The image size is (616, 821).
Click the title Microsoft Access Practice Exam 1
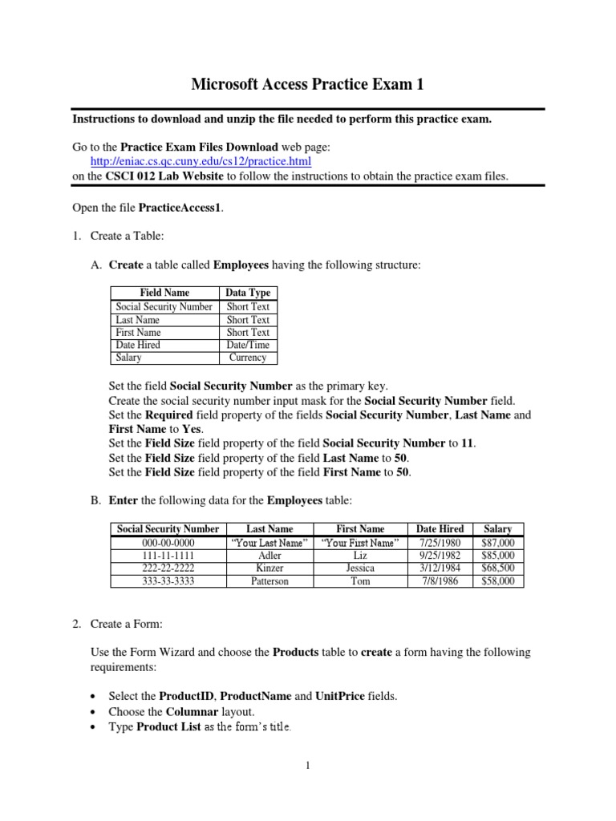tap(308, 84)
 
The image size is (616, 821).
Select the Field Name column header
tap(164, 293)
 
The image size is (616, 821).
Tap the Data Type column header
tap(248, 293)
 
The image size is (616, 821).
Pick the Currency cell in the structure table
tap(248, 358)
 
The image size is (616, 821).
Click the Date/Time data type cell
tap(248, 345)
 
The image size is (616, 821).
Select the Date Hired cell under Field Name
tap(138, 345)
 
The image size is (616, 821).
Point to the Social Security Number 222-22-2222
tap(168, 568)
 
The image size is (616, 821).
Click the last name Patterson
tap(269, 580)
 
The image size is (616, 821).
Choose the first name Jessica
tap(361, 568)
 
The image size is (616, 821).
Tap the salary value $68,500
tap(497, 568)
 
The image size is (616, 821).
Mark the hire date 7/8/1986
tap(440, 580)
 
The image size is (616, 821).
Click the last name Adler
tap(269, 555)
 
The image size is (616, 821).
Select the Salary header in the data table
tap(497, 529)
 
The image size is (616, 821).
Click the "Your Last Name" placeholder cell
tap(269, 542)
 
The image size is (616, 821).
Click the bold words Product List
tap(168, 727)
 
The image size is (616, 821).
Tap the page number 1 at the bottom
tap(308, 766)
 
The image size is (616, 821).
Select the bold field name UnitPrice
tap(341, 696)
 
